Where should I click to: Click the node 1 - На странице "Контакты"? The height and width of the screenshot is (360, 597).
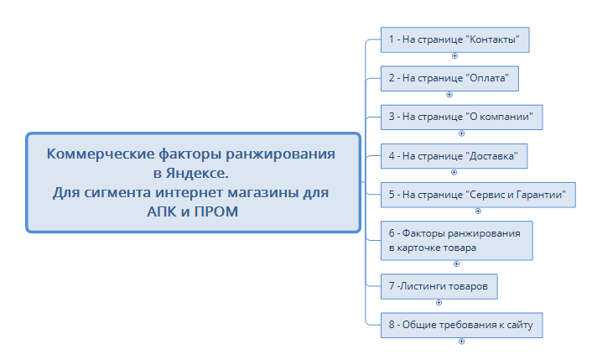[x=455, y=39]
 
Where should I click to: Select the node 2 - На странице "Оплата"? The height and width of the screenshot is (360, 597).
[x=449, y=79]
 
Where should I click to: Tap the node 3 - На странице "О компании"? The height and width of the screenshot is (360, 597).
[x=462, y=117]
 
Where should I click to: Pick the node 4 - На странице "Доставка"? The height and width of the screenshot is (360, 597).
[x=454, y=156]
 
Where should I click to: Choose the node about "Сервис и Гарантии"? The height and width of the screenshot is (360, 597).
[x=478, y=195]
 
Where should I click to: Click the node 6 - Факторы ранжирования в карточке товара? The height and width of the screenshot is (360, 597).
[x=457, y=241]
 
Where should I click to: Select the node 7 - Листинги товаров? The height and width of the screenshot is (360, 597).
[x=439, y=286]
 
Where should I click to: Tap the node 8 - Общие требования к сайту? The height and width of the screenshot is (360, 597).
[x=462, y=326]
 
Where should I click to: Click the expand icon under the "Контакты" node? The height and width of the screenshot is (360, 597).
[x=454, y=56]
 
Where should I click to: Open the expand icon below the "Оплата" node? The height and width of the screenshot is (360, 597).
[x=449, y=95]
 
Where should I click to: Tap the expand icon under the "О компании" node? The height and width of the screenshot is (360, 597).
[x=461, y=133]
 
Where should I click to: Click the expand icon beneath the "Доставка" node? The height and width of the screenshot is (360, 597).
[x=454, y=173]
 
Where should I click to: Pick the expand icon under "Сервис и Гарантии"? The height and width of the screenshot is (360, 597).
[x=478, y=211]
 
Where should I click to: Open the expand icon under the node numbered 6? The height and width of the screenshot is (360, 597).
[x=456, y=264]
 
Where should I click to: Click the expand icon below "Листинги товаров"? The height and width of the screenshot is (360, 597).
[x=439, y=302]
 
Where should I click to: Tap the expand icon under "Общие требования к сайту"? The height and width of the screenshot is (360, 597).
[x=461, y=342]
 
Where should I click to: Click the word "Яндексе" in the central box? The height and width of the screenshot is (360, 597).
[x=197, y=174]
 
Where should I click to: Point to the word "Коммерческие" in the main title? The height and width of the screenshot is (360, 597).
[x=101, y=154]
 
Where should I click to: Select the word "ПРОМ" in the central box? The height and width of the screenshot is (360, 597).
[x=216, y=211]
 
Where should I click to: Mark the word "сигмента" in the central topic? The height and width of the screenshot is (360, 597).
[x=117, y=193]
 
